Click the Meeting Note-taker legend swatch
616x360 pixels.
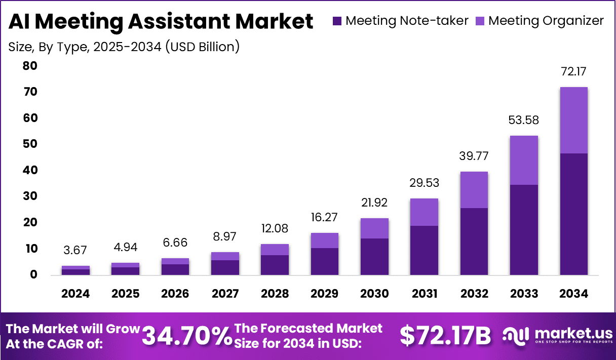pyautogui.click(x=337, y=21)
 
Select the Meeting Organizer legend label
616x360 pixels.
pyautogui.click(x=546, y=21)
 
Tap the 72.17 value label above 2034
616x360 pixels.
pyautogui.click(x=573, y=71)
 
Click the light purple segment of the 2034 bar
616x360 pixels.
pyautogui.click(x=573, y=120)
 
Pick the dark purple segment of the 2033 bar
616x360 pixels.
pyautogui.click(x=524, y=230)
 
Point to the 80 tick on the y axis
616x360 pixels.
pyautogui.click(x=30, y=66)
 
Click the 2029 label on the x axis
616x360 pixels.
pyautogui.click(x=324, y=294)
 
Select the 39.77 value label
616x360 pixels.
pyautogui.click(x=474, y=156)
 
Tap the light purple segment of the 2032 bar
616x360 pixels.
pyautogui.click(x=474, y=190)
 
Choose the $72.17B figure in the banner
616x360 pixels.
pyautogui.click(x=445, y=336)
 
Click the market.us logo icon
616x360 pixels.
pyautogui.click(x=516, y=335)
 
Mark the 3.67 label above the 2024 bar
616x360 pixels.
pyautogui.click(x=75, y=250)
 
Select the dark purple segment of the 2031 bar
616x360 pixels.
pyautogui.click(x=424, y=250)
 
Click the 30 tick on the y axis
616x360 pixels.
pyautogui.click(x=30, y=196)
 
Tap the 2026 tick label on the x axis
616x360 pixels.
pyautogui.click(x=175, y=294)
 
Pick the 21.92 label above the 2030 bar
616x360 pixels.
pyautogui.click(x=374, y=203)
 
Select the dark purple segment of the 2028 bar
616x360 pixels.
pyautogui.click(x=275, y=265)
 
